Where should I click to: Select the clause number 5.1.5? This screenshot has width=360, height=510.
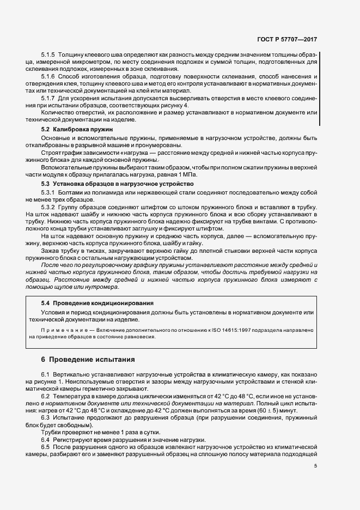48,56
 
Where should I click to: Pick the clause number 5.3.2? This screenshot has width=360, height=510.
48,208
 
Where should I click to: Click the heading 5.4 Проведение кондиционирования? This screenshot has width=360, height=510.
97,302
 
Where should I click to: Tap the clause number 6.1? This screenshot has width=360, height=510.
46,376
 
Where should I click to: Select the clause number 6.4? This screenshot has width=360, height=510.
46,439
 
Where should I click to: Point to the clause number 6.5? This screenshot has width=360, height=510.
46,447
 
